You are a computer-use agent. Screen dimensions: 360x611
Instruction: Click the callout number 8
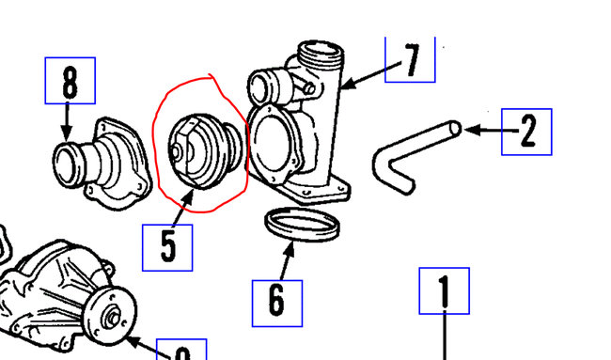(70, 82)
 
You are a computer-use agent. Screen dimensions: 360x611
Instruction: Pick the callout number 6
(276, 301)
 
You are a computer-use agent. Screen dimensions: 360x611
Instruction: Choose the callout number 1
(443, 292)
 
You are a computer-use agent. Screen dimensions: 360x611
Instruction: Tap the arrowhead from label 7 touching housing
(345, 86)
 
